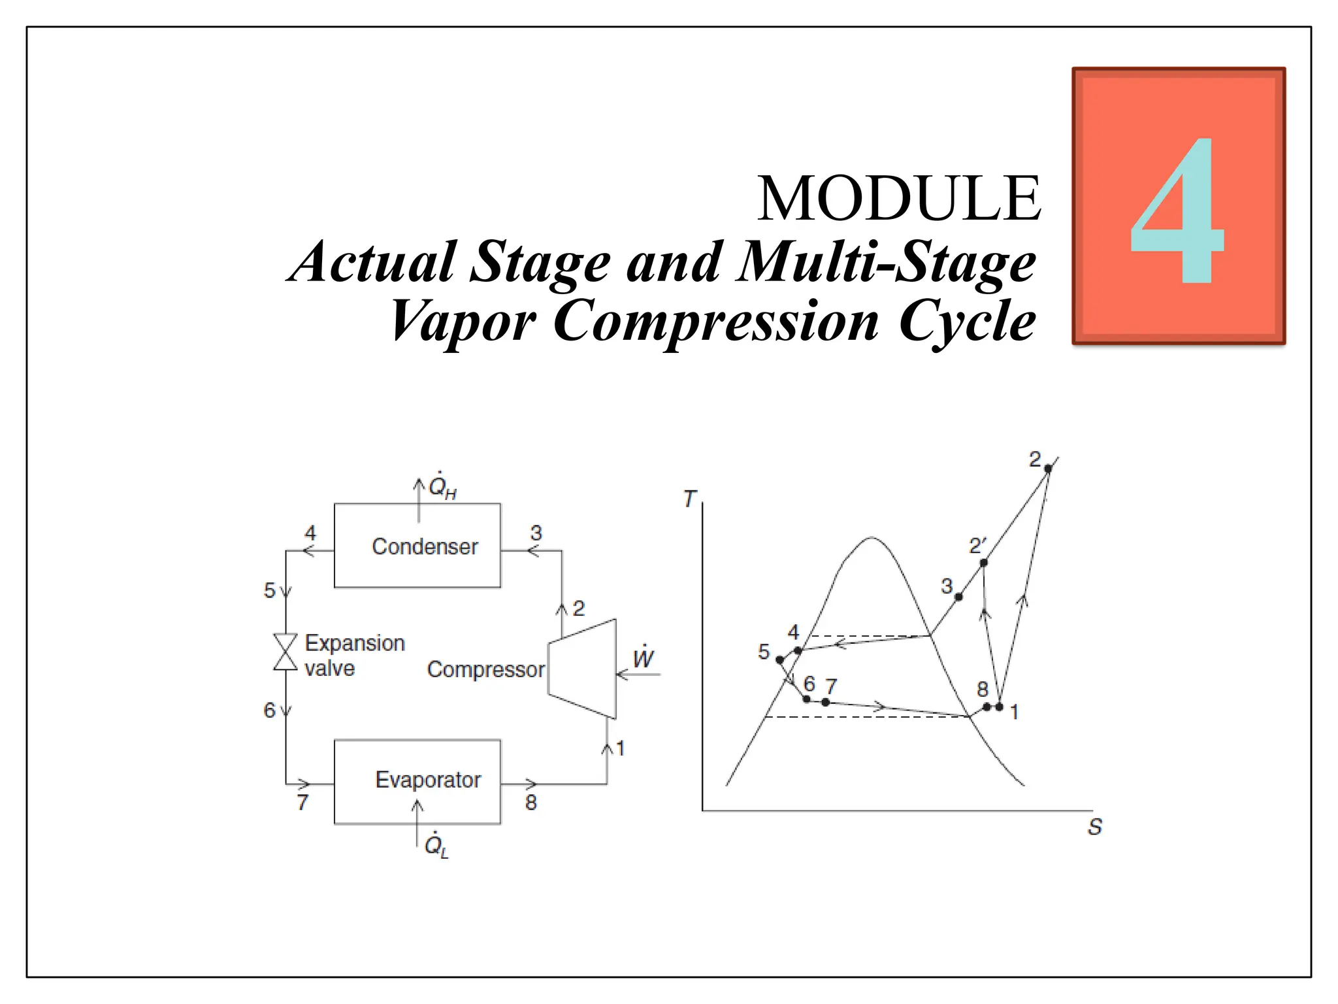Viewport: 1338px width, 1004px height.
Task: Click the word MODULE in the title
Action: tap(899, 198)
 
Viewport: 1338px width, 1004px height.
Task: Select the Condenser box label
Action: tap(425, 546)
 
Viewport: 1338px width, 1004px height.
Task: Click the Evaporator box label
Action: tap(428, 780)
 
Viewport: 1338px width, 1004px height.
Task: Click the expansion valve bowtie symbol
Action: tap(286, 652)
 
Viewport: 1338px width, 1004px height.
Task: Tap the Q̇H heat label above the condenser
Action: tap(442, 487)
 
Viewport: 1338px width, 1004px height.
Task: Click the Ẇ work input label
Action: tap(644, 657)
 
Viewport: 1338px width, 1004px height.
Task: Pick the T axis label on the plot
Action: tap(689, 499)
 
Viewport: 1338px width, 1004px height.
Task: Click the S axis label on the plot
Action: tap(1095, 827)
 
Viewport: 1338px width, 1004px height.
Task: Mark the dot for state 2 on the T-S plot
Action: tap(1048, 469)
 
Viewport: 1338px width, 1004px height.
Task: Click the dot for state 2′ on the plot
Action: tap(984, 563)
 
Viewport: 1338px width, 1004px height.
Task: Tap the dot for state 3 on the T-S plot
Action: tap(958, 597)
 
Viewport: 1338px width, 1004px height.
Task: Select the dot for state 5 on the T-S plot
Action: tap(779, 660)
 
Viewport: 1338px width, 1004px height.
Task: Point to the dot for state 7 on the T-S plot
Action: tap(826, 702)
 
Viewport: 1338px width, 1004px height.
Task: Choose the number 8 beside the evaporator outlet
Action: tap(531, 802)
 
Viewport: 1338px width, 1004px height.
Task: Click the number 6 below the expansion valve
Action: tap(269, 710)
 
